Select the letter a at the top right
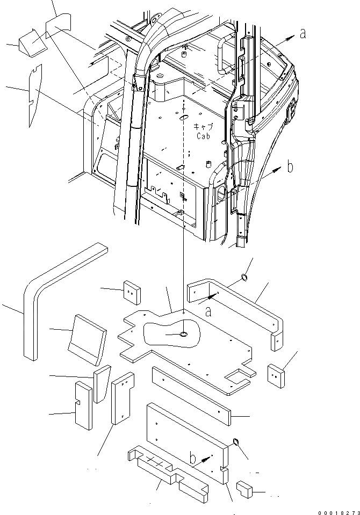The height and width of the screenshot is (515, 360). point(303,33)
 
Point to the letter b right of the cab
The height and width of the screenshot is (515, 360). point(290,167)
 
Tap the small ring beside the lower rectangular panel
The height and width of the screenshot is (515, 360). point(234,442)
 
